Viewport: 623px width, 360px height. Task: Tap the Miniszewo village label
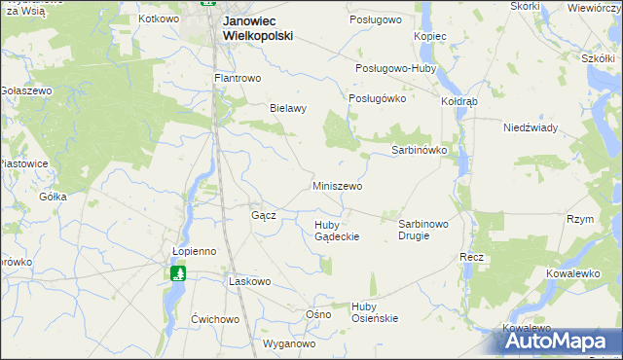click(338, 185)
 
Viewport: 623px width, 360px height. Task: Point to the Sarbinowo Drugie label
click(423, 230)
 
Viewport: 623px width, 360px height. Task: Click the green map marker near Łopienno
click(178, 274)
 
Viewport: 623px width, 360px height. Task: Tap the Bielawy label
click(288, 109)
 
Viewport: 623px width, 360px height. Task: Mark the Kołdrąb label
click(459, 101)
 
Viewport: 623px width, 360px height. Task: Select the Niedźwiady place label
click(530, 127)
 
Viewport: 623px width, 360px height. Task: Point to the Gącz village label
click(264, 215)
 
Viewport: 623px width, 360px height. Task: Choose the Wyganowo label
click(290, 344)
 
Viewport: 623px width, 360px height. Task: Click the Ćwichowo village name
click(215, 319)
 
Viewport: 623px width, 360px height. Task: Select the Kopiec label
click(429, 36)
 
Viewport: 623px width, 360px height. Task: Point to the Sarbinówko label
click(419, 151)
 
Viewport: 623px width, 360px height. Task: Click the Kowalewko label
click(571, 274)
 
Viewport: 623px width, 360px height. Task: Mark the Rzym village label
click(580, 220)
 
